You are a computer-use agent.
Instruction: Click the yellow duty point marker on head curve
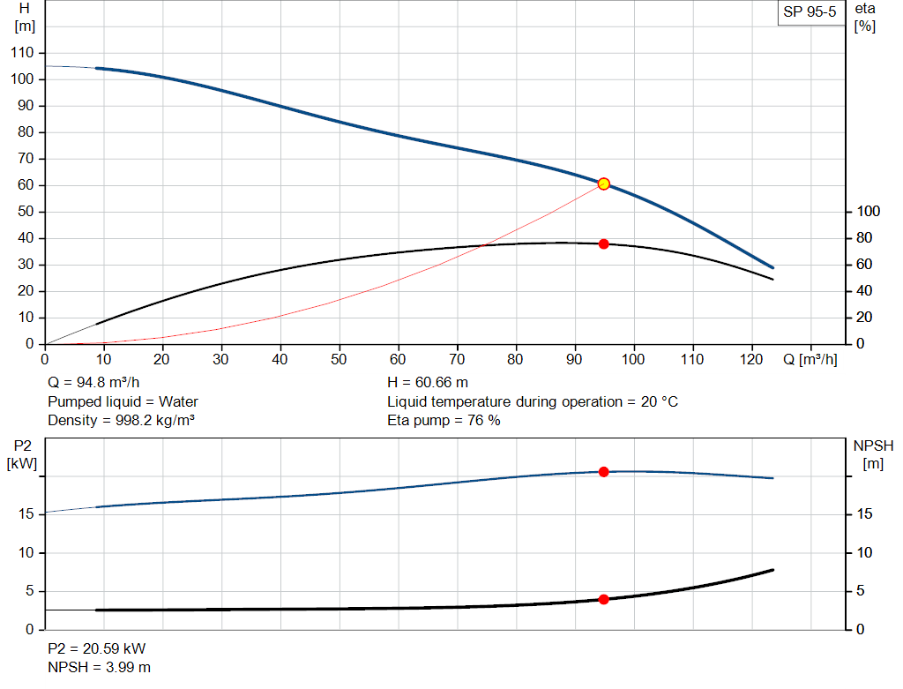(x=604, y=183)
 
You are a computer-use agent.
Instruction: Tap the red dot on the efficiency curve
(x=604, y=243)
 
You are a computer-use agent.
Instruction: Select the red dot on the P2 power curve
(x=604, y=472)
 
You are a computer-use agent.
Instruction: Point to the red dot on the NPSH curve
(x=604, y=599)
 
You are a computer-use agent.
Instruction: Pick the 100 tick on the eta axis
(x=869, y=212)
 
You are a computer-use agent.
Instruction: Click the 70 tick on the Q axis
(x=457, y=359)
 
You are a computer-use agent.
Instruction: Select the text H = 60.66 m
(x=428, y=383)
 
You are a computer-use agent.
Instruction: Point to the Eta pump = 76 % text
(x=444, y=420)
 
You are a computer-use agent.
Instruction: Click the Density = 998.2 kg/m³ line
(x=121, y=420)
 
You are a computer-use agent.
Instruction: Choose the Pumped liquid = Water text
(x=123, y=401)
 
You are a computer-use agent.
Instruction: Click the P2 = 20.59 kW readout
(x=96, y=648)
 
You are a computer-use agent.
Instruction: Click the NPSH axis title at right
(x=873, y=453)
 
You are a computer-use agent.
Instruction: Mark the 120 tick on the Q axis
(x=751, y=359)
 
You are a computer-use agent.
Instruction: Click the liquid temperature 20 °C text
(x=533, y=401)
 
